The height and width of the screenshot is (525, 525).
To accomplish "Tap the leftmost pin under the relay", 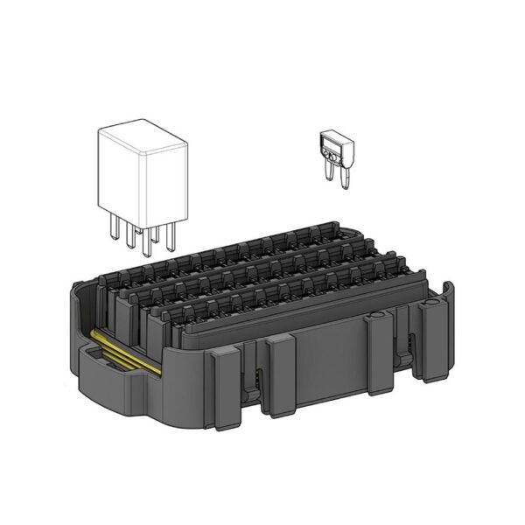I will [x=115, y=226].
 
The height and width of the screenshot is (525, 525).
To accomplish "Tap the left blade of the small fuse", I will [x=332, y=173].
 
